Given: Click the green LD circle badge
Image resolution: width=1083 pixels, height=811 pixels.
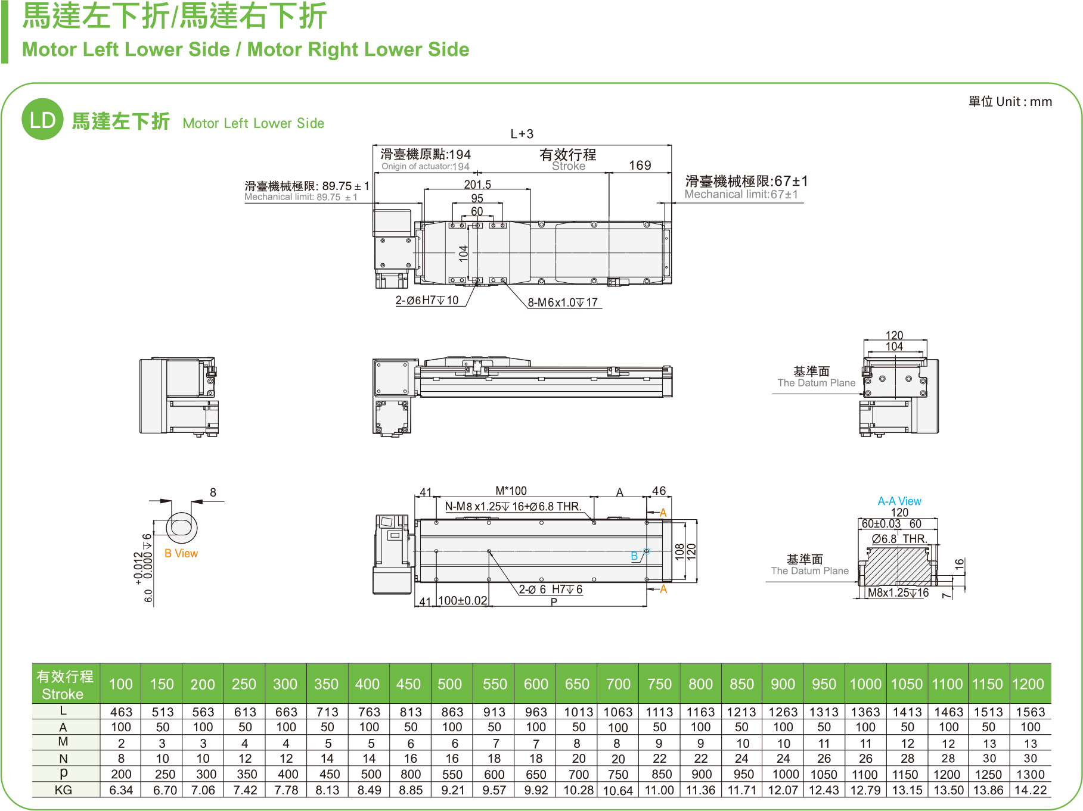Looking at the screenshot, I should coord(42,120).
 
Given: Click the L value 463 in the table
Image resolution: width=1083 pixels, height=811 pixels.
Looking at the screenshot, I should coord(121,712).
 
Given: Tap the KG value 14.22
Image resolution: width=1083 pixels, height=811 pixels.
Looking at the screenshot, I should coord(1030,790).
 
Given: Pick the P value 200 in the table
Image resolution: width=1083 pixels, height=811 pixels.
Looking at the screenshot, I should coord(121,774).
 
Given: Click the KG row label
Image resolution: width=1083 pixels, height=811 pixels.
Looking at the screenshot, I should coord(63,790).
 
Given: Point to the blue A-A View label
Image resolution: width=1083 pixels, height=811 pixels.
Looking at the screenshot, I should coord(899,501).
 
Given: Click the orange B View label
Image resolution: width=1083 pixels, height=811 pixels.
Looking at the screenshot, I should coord(181,553).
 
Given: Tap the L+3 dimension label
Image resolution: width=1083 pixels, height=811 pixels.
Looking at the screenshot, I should coord(522,134).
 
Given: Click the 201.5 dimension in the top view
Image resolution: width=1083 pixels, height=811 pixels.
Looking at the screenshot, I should coord(477,185).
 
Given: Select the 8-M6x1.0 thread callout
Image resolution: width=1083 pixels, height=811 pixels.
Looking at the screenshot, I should coord(563,302).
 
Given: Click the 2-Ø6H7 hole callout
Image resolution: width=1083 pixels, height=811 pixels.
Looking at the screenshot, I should coord(427,300).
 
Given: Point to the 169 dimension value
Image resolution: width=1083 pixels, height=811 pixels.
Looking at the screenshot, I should coord(640,166).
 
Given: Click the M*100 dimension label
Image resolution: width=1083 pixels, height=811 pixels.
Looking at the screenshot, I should coord(511,491).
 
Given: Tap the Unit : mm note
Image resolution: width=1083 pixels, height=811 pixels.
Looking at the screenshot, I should coord(1010,102).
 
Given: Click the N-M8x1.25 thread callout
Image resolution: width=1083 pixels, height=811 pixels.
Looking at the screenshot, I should coord(513,507).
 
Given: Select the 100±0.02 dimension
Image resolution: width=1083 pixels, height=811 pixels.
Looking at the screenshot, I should coord(463,601).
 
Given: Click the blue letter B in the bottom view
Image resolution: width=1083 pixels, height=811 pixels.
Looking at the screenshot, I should coord(634,556).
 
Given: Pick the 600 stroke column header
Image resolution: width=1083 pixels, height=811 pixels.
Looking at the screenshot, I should coord(536,684).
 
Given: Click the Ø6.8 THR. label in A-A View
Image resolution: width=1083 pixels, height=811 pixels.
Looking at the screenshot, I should coord(899,539).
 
